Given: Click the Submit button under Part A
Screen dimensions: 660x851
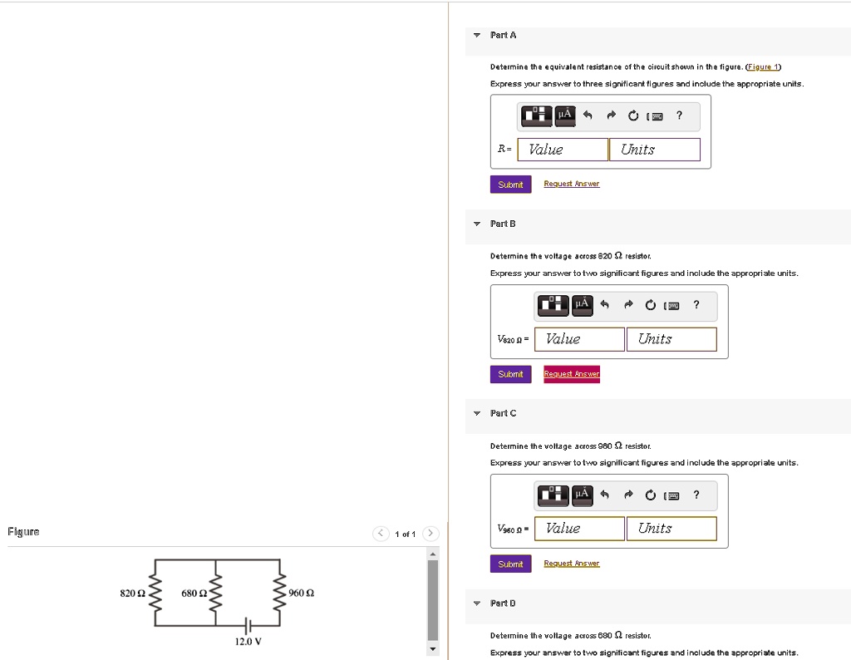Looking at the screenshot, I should coord(510,185).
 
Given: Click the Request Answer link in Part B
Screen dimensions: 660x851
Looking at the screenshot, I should coord(572,374).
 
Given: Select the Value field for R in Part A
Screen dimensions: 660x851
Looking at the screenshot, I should coord(563,150).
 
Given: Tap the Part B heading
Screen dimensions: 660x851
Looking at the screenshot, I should coord(503,224).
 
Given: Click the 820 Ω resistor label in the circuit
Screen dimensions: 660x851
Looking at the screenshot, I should coord(133,593).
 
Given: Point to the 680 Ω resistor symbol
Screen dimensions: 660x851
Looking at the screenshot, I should coord(217,593).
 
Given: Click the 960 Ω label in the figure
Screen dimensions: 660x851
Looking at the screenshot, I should coord(301,593).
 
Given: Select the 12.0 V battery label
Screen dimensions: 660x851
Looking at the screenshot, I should coord(248,642).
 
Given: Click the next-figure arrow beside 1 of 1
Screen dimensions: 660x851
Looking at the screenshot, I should coord(430,534).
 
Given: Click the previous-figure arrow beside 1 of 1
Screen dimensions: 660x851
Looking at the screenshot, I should coord(381,534).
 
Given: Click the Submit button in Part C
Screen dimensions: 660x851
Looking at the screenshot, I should coord(510,564).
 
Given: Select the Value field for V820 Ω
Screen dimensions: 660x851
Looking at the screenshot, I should coord(579,339).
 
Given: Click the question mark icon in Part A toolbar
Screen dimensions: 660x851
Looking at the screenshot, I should coord(679,116).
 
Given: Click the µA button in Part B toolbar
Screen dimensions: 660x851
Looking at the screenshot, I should coord(582,305).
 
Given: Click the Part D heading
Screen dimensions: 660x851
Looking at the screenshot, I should coord(503,603).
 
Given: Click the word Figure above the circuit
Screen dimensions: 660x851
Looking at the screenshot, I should coord(23,531).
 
